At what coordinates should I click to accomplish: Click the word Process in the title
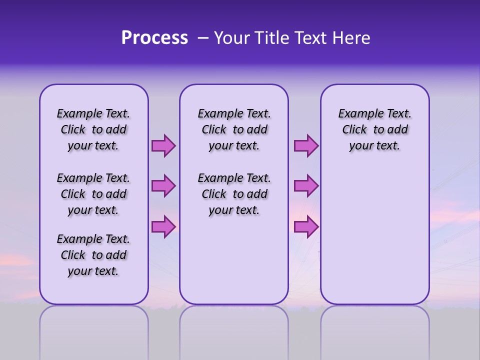(x=154, y=38)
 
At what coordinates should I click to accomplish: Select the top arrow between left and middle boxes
(x=163, y=146)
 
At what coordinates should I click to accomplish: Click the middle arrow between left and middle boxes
(x=163, y=186)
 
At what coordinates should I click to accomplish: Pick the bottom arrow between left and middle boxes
(x=163, y=226)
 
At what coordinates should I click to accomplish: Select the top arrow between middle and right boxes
(x=306, y=146)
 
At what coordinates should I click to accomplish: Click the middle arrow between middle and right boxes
(x=306, y=186)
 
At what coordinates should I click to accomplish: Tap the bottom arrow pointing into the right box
(x=306, y=226)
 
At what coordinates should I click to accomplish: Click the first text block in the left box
(x=93, y=129)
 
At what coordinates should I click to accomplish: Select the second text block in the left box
(x=93, y=194)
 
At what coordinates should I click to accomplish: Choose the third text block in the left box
(x=93, y=255)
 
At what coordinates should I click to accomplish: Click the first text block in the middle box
(x=234, y=129)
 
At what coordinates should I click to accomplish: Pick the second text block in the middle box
(x=234, y=194)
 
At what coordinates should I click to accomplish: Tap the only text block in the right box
(x=375, y=129)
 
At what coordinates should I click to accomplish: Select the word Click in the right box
(x=354, y=130)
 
